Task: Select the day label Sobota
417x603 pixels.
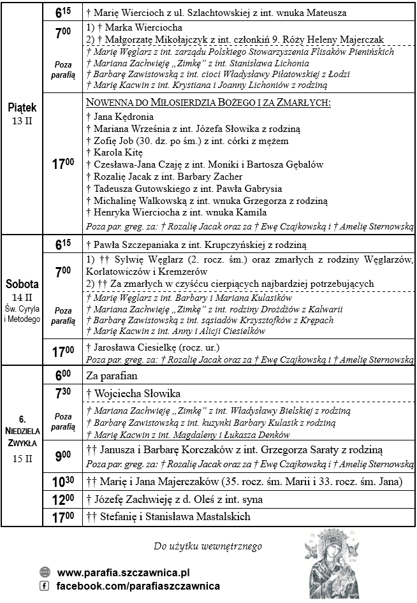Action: coord(22,284)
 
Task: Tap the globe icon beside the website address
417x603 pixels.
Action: coord(45,572)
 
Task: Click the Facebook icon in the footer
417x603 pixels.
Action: coord(45,586)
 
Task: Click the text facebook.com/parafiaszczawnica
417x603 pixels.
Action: coord(138,586)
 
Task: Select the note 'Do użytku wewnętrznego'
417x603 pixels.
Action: coord(208,546)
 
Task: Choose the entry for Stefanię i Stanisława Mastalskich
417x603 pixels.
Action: coord(166,517)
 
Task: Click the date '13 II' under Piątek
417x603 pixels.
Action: coord(22,121)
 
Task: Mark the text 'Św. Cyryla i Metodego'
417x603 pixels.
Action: coord(22,314)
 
